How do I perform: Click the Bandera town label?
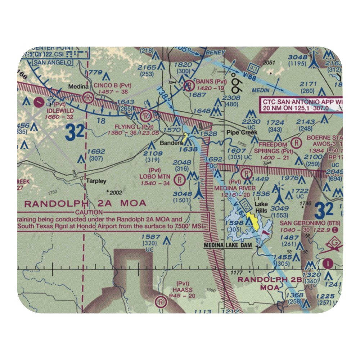(167, 143)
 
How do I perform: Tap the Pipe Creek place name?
(242, 132)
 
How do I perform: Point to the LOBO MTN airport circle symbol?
(179, 179)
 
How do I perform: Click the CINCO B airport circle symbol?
(88, 97)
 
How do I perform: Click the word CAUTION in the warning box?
(85, 213)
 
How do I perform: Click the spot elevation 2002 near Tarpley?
(115, 193)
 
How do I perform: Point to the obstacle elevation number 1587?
(150, 237)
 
